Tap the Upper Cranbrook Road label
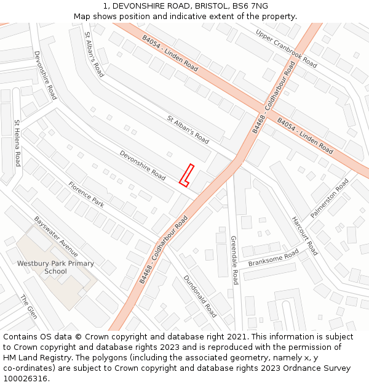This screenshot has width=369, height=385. [286, 49]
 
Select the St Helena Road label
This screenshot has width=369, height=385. [17, 143]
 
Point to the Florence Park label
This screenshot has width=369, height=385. [86, 193]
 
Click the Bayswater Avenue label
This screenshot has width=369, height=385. [56, 236]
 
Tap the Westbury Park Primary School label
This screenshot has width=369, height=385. [55, 267]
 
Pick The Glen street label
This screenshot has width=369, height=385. [29, 307]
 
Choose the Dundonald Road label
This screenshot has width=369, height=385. [200, 296]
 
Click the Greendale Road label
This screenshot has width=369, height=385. [234, 260]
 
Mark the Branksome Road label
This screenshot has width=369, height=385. [273, 258]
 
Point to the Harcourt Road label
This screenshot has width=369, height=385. [304, 236]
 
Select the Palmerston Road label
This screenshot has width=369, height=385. [329, 198]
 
